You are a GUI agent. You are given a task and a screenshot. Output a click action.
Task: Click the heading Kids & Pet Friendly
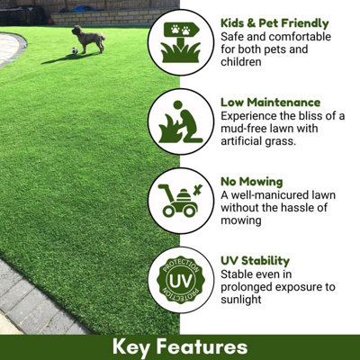(x=274, y=22)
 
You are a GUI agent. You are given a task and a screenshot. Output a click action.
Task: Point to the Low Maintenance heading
(x=270, y=103)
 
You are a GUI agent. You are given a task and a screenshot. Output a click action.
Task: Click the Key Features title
(x=180, y=346)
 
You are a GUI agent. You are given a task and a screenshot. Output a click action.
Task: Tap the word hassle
(x=314, y=208)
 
